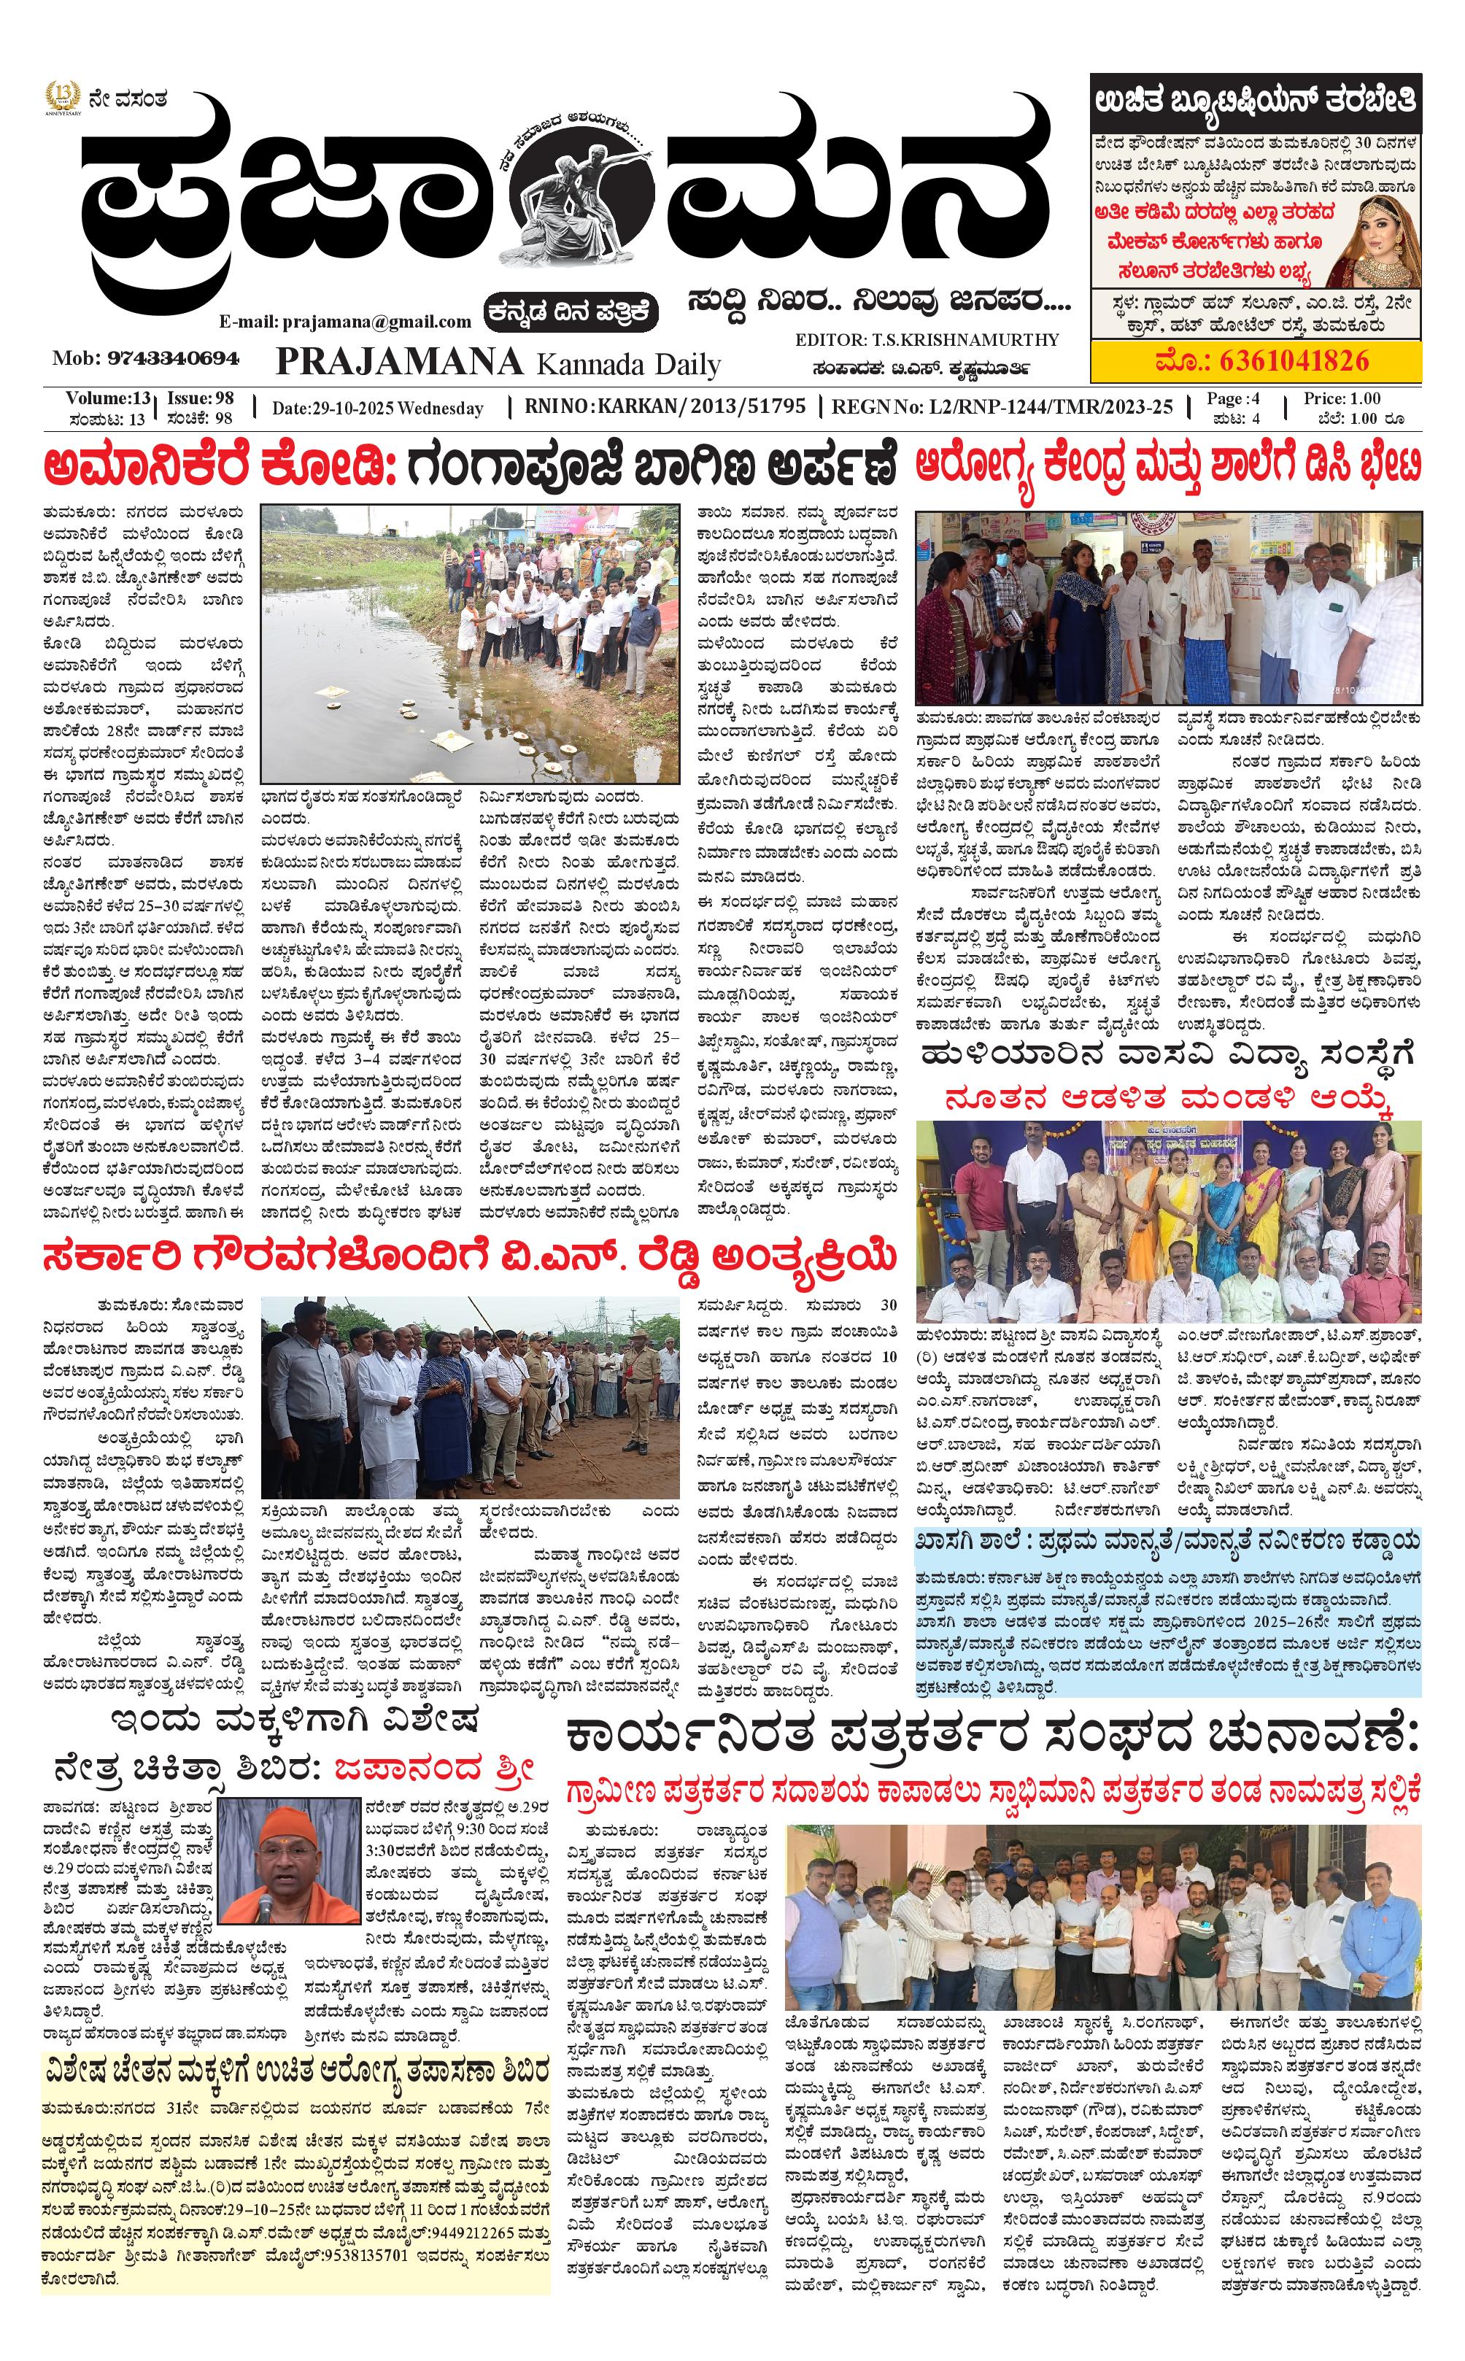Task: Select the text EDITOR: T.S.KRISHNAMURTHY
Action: [927, 340]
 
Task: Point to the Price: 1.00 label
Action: [1341, 398]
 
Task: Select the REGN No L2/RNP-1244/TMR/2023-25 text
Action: [1002, 407]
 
